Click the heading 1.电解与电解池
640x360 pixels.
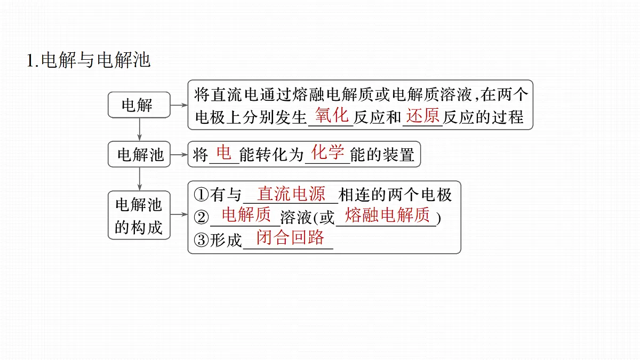(89, 60)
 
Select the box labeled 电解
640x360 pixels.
(139, 105)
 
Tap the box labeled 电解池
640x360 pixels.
(139, 154)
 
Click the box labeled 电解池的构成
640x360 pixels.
(139, 215)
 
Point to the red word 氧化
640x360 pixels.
(332, 115)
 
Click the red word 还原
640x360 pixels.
(422, 115)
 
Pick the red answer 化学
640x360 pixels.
(327, 152)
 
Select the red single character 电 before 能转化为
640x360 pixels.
(223, 152)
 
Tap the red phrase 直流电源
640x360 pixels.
(291, 194)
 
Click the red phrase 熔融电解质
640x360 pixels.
(387, 214)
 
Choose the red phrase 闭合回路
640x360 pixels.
(290, 237)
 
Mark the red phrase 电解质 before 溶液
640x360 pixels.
(246, 214)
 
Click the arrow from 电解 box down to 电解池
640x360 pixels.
(139, 129)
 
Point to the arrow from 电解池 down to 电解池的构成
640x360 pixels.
(139, 179)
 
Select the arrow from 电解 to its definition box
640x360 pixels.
(179, 105)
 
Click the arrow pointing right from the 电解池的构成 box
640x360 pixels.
(179, 214)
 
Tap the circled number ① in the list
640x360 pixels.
(201, 195)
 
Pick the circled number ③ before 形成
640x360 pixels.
(201, 240)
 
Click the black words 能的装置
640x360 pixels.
(382, 155)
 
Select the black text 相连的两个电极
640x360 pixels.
(395, 195)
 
